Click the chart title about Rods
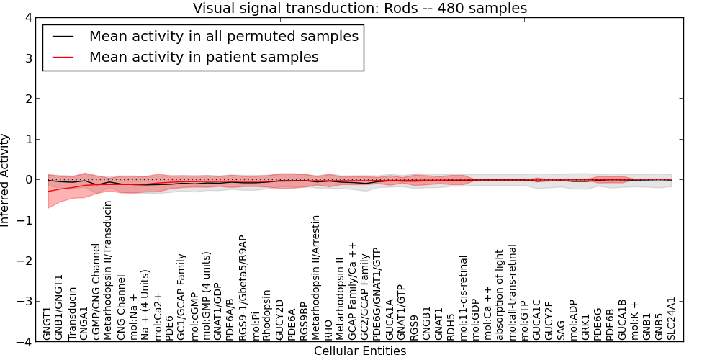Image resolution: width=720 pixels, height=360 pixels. click(x=360, y=9)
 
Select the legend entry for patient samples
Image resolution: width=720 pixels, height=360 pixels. click(x=204, y=57)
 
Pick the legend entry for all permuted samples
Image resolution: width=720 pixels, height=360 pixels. click(x=223, y=36)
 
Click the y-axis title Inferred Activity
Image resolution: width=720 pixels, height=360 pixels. click(x=6, y=180)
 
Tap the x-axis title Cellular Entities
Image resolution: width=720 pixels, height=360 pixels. click(x=360, y=351)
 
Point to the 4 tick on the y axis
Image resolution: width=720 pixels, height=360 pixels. click(x=27, y=18)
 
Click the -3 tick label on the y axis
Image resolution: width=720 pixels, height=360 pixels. click(x=23, y=302)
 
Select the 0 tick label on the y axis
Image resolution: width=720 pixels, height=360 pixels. click(x=27, y=180)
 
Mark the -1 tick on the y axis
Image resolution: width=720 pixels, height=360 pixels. click(x=23, y=220)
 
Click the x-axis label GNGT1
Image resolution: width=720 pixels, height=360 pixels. click(x=48, y=323)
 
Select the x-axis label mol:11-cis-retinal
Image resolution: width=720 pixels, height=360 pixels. click(x=464, y=297)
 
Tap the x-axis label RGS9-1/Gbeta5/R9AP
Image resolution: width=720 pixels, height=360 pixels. click(x=243, y=287)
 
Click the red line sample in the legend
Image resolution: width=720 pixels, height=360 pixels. click(x=64, y=57)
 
